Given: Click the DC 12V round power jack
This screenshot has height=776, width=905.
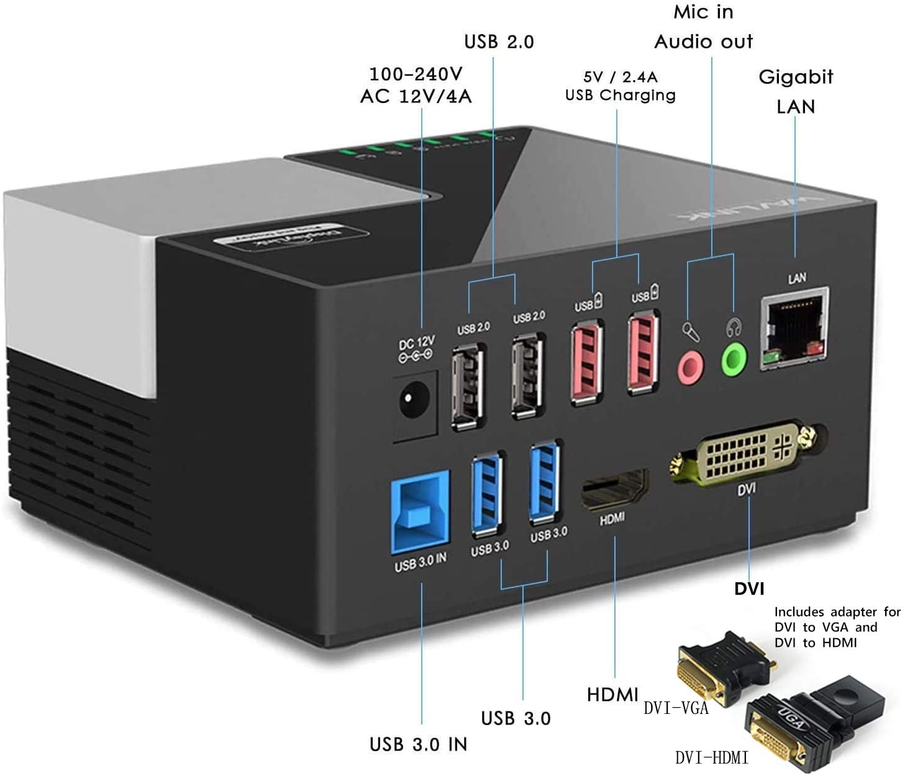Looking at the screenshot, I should (414, 400).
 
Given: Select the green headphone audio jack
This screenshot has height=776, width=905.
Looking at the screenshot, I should (734, 359).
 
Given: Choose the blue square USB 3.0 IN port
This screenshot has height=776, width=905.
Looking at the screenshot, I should (420, 511).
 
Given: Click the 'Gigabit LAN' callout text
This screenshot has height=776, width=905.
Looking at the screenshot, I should (796, 91).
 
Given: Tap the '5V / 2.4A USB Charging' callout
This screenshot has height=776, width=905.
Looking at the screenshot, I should (620, 86).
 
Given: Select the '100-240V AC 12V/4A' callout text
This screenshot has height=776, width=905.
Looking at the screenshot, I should (416, 85).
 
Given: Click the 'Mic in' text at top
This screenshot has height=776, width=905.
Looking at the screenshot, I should (703, 12).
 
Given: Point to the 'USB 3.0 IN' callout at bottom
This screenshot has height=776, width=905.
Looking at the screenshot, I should (418, 744).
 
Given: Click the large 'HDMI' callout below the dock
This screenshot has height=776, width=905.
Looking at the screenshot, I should (612, 695).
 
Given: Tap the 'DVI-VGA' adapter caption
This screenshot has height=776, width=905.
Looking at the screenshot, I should (676, 708).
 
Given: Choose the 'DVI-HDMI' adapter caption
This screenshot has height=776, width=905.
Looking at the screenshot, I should (711, 757).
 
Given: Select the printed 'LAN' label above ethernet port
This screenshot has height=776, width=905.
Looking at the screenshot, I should (797, 278).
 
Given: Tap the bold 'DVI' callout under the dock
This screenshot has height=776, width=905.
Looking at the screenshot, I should (749, 589).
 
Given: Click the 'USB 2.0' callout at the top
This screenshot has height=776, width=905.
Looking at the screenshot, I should (499, 42).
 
